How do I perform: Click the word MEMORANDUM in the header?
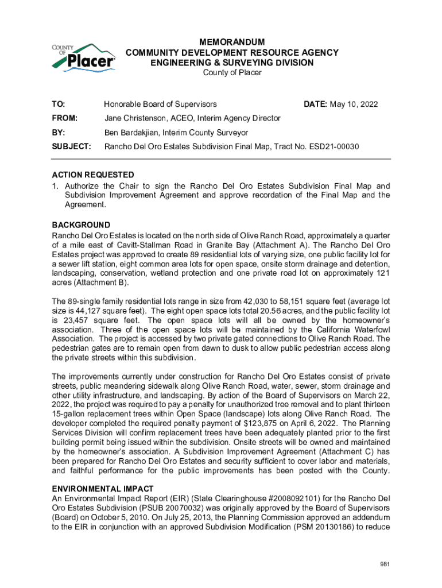click(x=232, y=42)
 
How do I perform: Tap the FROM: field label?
click(x=64, y=118)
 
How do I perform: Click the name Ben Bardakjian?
click(x=130, y=133)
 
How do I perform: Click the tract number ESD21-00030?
click(x=334, y=147)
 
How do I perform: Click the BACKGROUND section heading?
click(x=81, y=225)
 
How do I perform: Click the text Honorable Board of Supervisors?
click(x=160, y=104)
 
